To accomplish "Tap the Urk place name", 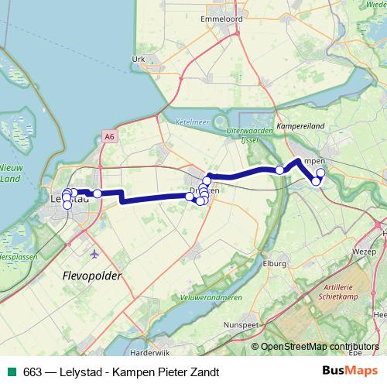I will (139, 59).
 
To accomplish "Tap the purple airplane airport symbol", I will (94, 253).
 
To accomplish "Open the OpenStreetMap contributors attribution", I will (320, 346).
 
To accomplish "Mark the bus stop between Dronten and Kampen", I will (279, 170).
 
